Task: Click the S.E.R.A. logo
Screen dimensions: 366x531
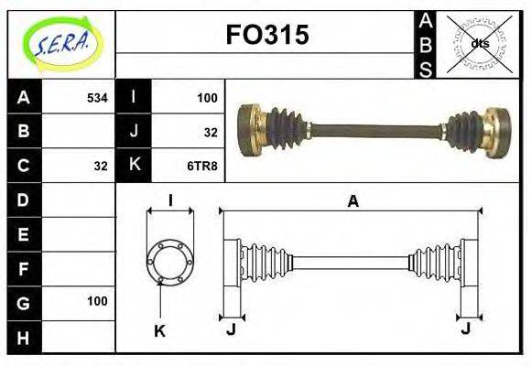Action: [60, 44]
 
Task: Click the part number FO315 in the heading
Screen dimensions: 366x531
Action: [266, 36]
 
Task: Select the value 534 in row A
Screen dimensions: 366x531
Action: [96, 97]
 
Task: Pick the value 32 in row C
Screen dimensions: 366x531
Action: [101, 166]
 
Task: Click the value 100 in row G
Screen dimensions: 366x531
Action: [97, 301]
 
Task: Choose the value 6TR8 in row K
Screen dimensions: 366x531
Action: [201, 166]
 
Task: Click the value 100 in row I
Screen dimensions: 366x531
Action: [207, 97]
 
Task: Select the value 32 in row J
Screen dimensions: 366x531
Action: [211, 132]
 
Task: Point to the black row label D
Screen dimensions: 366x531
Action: [24, 199]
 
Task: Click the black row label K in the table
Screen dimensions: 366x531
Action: [135, 166]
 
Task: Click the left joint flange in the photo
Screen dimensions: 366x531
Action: [251, 131]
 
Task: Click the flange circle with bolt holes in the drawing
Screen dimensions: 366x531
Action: [169, 260]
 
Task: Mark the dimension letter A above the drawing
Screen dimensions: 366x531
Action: [352, 202]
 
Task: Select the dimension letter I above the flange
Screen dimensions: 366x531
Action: [170, 201]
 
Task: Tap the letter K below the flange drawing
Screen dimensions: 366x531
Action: [158, 331]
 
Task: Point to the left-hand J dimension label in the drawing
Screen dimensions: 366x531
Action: [231, 328]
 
